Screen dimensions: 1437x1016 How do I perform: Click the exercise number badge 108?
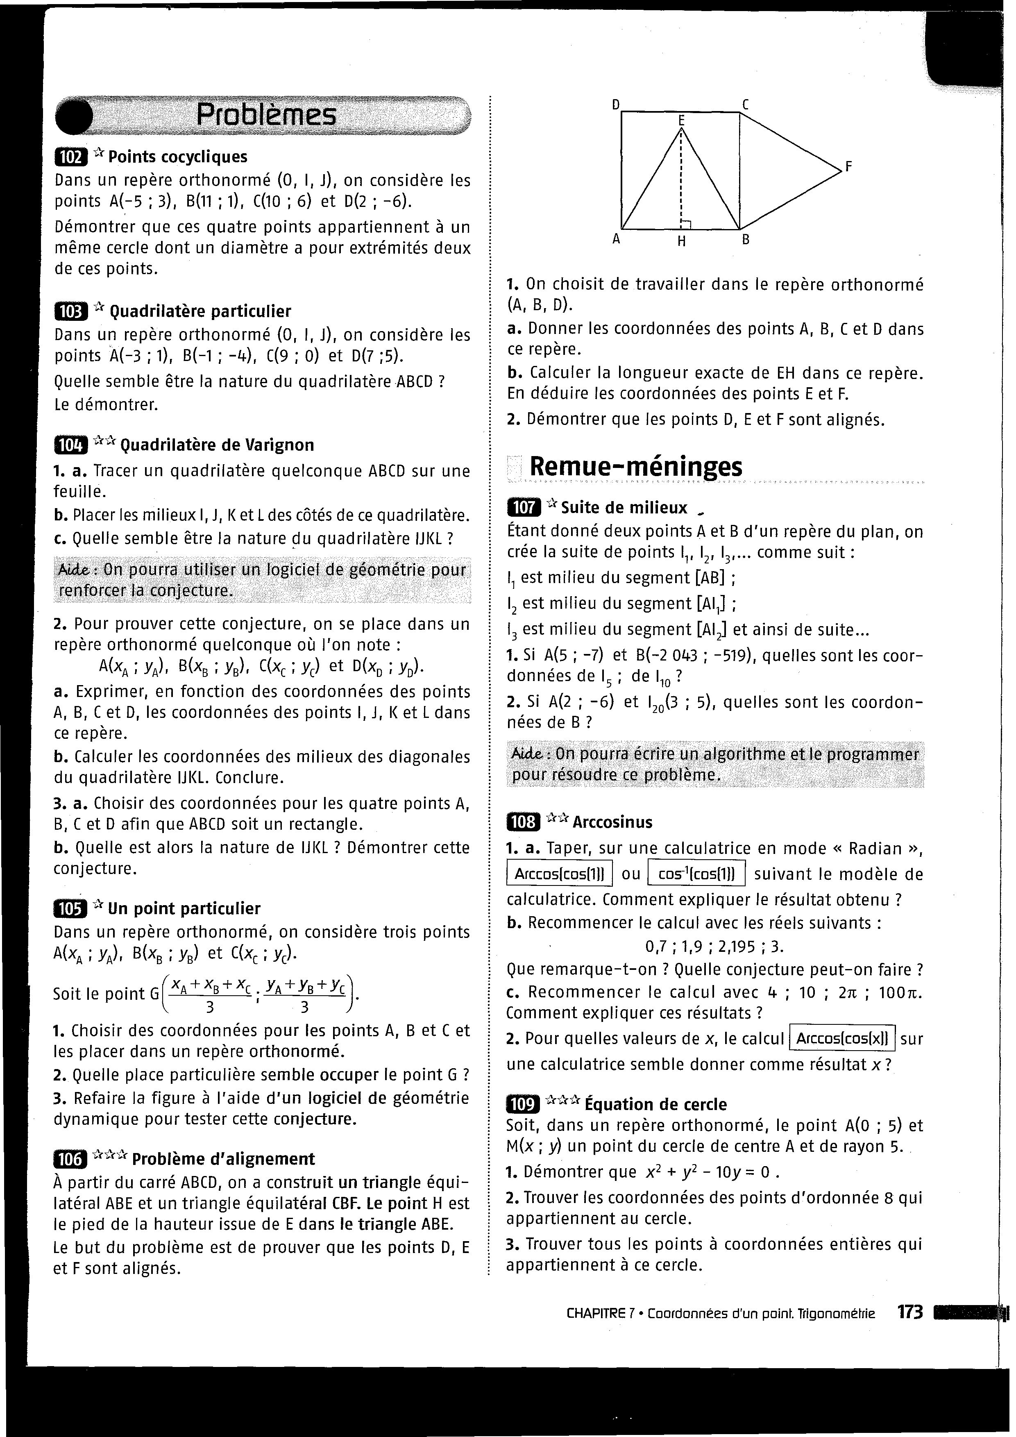point(523,822)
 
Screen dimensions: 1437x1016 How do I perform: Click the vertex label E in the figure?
point(681,119)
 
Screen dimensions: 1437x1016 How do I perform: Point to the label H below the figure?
point(682,242)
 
